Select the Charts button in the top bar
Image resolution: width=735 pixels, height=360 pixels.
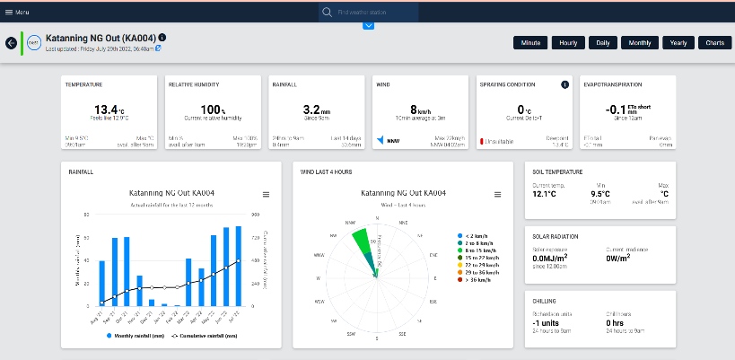pyautogui.click(x=714, y=42)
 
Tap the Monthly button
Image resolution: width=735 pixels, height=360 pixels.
pyautogui.click(x=640, y=42)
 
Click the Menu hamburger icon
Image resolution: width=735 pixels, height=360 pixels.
pyautogui.click(x=8, y=13)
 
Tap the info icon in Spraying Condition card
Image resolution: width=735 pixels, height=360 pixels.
pyautogui.click(x=565, y=84)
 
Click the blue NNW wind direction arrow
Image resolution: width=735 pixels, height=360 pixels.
pyautogui.click(x=381, y=140)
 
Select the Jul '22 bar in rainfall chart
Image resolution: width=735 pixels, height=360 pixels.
pyautogui.click(x=239, y=266)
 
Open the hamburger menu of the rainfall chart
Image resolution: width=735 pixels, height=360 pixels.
pyautogui.click(x=266, y=194)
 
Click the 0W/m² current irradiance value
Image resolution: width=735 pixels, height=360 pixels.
pyautogui.click(x=617, y=259)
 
